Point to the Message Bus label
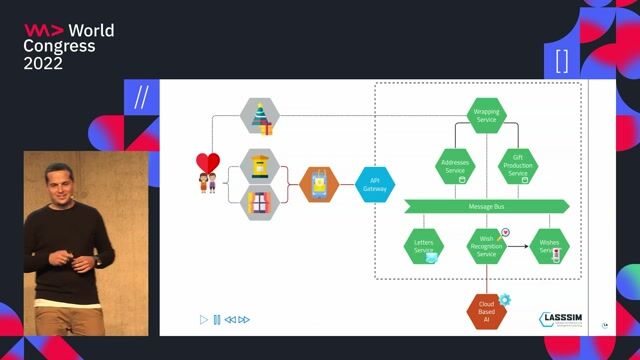point(487,206)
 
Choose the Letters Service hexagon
point(423,246)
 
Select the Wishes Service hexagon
point(550,246)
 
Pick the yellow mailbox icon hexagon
point(262,165)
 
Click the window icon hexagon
point(262,203)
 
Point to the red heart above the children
point(207,163)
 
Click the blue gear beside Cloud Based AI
point(505,299)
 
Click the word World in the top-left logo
point(91,31)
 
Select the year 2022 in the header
point(43,62)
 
